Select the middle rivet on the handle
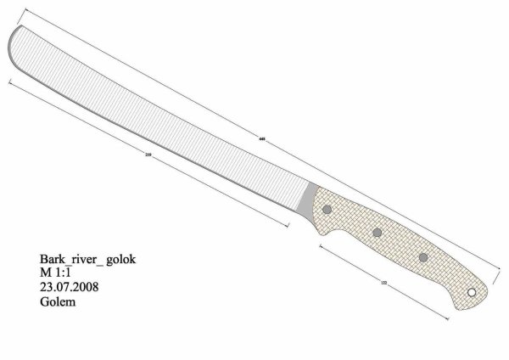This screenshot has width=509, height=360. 377,233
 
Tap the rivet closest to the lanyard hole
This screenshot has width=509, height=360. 422,257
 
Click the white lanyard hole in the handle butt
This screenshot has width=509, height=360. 472,293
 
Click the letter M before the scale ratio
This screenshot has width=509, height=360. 45,273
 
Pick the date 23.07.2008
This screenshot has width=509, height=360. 69,287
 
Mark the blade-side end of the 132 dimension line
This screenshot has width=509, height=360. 321,245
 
